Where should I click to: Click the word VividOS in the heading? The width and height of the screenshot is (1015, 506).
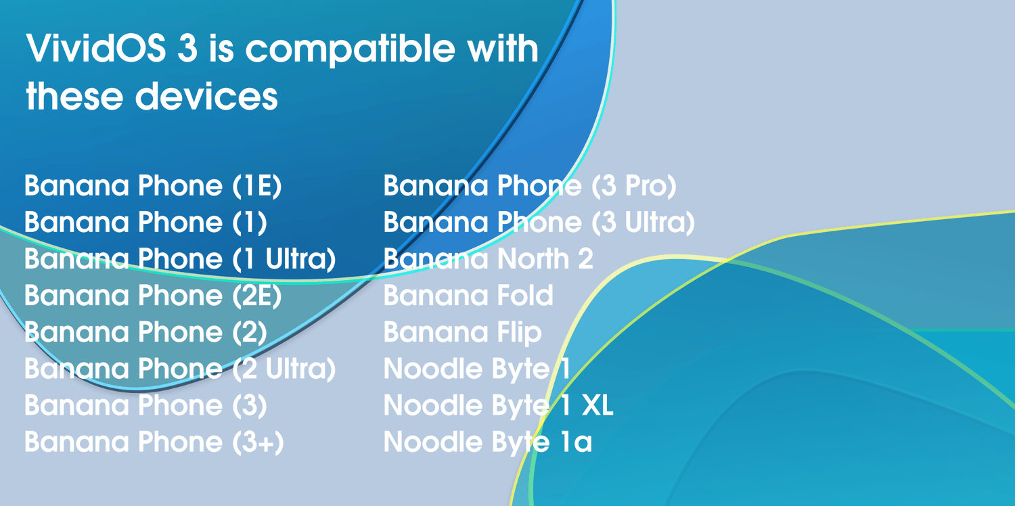pyautogui.click(x=95, y=47)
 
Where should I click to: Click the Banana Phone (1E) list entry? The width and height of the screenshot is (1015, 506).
pyautogui.click(x=153, y=186)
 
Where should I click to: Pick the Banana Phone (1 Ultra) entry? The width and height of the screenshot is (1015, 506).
pyautogui.click(x=180, y=258)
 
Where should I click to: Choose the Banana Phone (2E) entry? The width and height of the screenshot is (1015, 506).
pyautogui.click(x=153, y=296)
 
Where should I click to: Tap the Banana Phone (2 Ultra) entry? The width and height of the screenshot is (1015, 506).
pyautogui.click(x=180, y=369)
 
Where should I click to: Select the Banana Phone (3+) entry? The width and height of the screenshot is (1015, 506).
pyautogui.click(x=154, y=442)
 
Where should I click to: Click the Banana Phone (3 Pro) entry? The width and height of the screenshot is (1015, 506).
pyautogui.click(x=530, y=186)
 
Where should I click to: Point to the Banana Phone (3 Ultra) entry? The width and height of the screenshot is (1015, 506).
pyautogui.click(x=539, y=222)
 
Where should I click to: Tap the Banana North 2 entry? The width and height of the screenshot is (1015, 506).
pyautogui.click(x=489, y=258)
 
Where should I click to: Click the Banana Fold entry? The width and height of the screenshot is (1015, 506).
pyautogui.click(x=468, y=296)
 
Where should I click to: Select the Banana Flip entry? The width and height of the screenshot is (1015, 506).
pyautogui.click(x=463, y=333)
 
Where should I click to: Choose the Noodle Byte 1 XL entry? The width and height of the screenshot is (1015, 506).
pyautogui.click(x=499, y=405)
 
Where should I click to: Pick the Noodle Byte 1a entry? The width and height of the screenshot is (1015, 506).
pyautogui.click(x=488, y=442)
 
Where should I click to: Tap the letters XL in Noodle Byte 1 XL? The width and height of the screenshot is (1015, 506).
pyautogui.click(x=597, y=405)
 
